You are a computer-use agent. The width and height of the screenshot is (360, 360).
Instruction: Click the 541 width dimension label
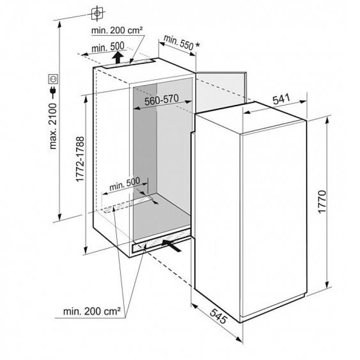(x=281, y=99)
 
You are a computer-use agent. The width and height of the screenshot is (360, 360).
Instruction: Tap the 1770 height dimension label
(x=322, y=202)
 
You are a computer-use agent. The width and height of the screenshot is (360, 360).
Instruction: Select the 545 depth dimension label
(x=219, y=316)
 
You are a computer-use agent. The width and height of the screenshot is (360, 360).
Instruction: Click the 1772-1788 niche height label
(x=80, y=159)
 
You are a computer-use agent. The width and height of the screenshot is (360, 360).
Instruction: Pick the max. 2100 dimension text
(x=53, y=126)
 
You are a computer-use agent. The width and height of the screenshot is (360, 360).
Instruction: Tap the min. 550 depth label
(x=179, y=42)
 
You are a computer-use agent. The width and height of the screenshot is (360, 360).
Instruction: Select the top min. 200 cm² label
(x=117, y=30)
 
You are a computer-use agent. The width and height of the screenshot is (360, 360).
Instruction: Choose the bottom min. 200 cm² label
(x=92, y=311)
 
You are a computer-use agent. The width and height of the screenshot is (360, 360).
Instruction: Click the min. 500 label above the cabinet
(x=108, y=47)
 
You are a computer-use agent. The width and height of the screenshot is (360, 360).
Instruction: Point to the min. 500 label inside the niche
(x=125, y=184)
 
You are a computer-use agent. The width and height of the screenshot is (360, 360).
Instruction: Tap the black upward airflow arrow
(x=118, y=58)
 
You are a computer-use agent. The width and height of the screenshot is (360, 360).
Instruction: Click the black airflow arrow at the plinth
(x=172, y=245)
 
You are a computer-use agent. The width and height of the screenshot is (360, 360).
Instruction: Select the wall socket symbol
(x=53, y=79)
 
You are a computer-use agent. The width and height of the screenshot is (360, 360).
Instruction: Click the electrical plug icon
(x=53, y=92)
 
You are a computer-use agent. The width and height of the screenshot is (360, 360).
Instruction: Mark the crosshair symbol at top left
(x=97, y=13)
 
